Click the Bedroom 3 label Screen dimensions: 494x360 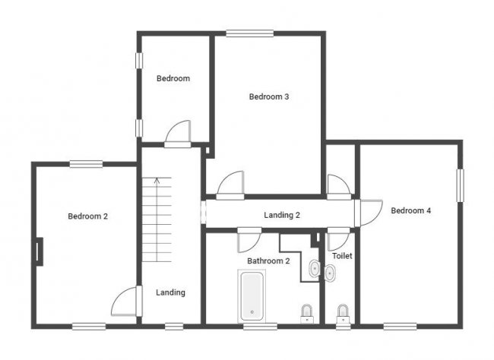(x=269, y=96)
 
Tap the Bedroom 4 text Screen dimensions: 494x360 (x=411, y=210)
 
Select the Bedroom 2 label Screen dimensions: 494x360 (x=88, y=216)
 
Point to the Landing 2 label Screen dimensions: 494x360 (x=282, y=215)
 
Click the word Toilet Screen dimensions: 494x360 (x=342, y=256)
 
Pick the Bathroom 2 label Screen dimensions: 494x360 (x=268, y=261)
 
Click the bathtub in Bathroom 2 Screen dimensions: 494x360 (x=252, y=296)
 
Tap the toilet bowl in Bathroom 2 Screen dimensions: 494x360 (x=307, y=314)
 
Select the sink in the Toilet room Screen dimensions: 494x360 (x=330, y=273)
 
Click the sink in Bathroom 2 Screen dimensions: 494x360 (x=314, y=269)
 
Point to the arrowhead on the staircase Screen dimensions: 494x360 (x=157, y=181)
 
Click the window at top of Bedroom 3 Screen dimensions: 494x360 (x=250, y=33)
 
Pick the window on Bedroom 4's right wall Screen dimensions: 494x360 (x=461, y=185)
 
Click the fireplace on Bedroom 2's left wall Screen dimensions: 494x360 (x=40, y=251)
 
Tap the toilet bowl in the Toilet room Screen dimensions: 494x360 (x=343, y=314)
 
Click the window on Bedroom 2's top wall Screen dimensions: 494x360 (x=86, y=164)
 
